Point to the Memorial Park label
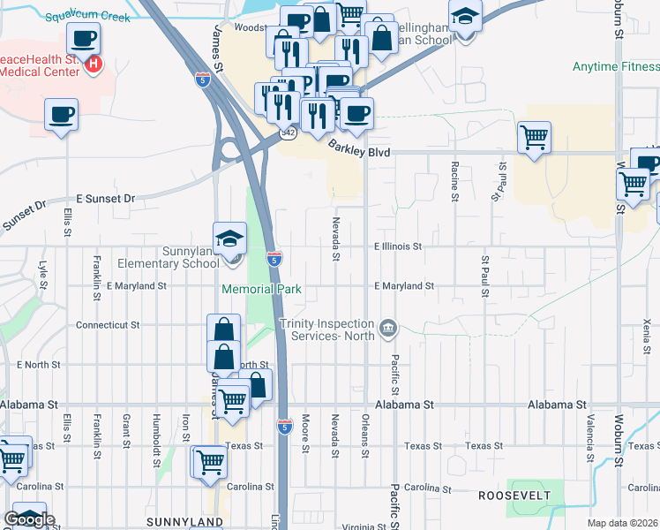(x=262, y=289)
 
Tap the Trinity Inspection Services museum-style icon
(x=387, y=330)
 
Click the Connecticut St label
(x=108, y=325)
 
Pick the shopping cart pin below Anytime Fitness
(x=534, y=139)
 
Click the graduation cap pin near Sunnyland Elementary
(x=229, y=238)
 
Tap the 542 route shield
(x=288, y=132)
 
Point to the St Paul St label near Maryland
(x=484, y=270)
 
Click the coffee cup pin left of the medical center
(x=62, y=116)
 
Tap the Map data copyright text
(x=623, y=523)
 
